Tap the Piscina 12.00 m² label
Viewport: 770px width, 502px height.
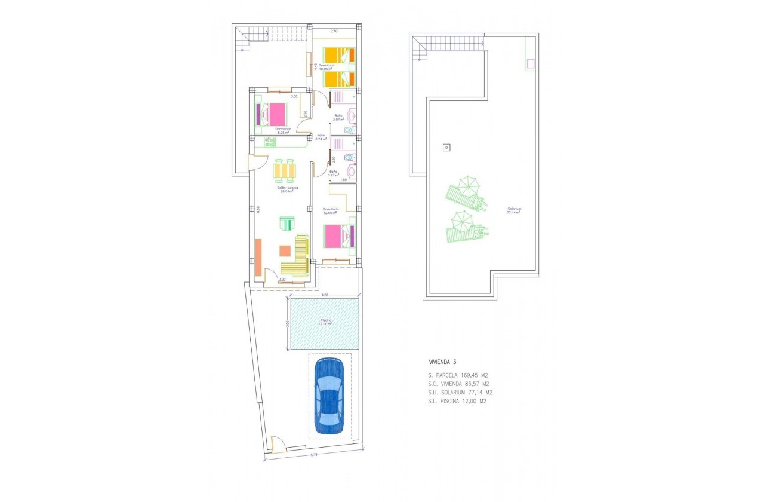coord(325,322)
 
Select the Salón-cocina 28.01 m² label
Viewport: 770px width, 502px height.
coord(286,190)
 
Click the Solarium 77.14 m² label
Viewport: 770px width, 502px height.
coord(514,210)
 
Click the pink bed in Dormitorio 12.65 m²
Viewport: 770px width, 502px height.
coord(339,235)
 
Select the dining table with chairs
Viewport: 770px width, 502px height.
coord(285,171)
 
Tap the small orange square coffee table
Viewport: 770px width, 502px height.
coord(285,251)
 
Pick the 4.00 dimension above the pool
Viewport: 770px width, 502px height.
coord(324,295)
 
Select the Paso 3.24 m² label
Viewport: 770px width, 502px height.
coord(321,137)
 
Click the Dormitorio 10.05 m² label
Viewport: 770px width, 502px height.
coord(326,67)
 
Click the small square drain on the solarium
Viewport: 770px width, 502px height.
coord(445,147)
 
